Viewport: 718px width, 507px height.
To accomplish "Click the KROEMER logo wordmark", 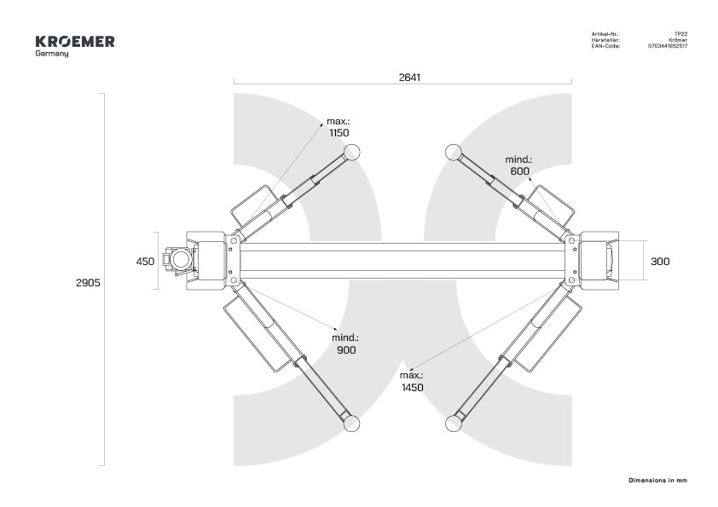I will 75,42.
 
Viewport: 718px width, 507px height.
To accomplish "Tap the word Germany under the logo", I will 52,54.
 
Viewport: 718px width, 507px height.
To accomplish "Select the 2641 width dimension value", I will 410,77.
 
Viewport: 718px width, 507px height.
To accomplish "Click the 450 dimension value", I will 145,262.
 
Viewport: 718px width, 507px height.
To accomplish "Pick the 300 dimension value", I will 660,262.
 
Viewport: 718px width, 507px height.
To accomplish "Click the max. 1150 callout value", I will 339,133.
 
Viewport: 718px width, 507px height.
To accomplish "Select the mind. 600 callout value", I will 519,170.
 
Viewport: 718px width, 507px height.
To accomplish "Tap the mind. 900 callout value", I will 345,350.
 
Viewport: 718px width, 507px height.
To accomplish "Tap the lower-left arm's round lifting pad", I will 351,423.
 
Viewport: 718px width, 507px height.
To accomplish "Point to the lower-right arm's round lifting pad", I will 453,423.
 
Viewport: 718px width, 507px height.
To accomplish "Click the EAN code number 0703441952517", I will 667,46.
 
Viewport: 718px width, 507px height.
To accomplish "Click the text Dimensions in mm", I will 657,481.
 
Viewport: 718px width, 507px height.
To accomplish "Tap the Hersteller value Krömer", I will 678,40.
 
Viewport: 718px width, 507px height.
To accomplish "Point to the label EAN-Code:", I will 605,46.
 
